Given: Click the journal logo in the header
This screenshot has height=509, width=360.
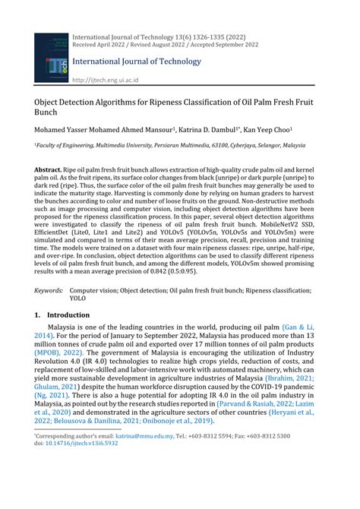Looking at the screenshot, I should [x=50, y=58].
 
